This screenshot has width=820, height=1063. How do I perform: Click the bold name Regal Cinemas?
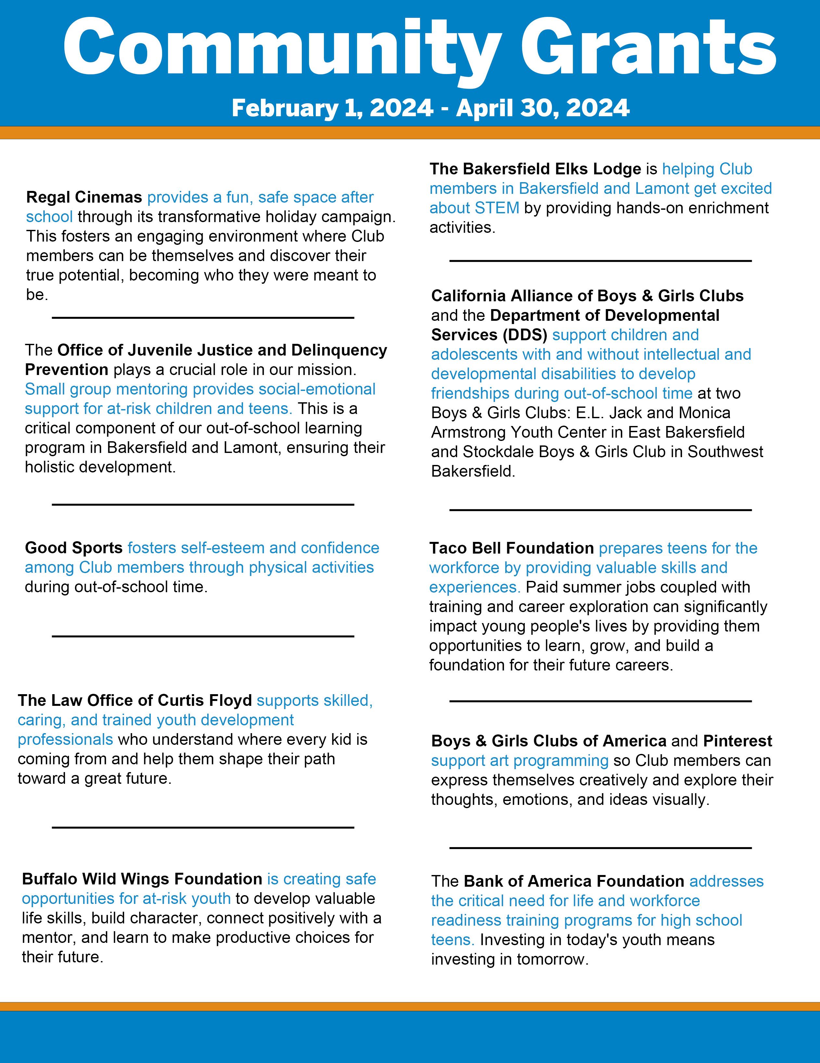point(84,197)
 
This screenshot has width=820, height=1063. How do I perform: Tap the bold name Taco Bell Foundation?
point(511,548)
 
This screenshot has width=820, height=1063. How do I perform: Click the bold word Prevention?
point(66,369)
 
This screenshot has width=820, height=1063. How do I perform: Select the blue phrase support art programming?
point(519,760)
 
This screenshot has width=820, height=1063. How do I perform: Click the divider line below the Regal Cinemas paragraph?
point(203,318)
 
